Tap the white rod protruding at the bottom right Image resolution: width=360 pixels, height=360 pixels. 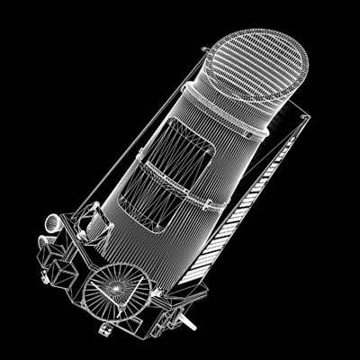(x=186, y=320)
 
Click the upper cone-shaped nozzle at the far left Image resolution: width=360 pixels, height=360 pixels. (x=49, y=220)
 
